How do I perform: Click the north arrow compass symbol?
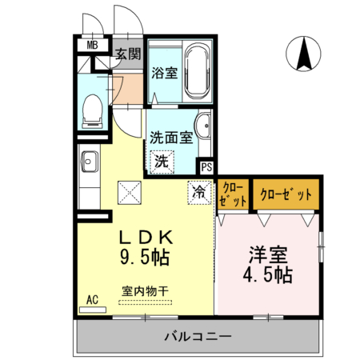306,55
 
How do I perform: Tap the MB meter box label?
93,45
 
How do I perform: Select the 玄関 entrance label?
126,54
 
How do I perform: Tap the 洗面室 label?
171,137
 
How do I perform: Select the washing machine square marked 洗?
162,160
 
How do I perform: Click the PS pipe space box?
206,168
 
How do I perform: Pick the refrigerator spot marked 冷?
197,191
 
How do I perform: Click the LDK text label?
146,238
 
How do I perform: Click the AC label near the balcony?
93,300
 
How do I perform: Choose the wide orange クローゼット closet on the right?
286,194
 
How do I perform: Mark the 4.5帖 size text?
269,275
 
